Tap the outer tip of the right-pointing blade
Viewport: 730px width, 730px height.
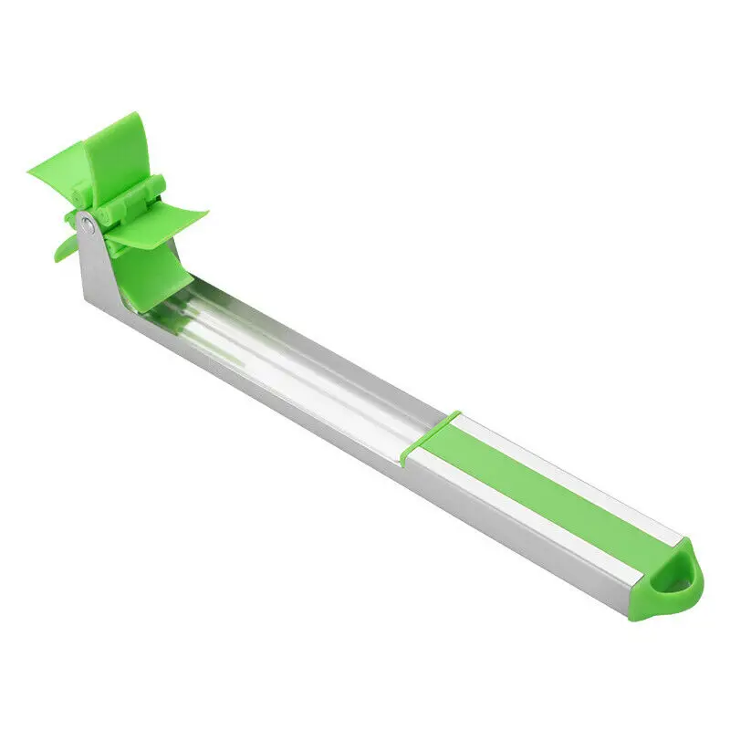click(x=204, y=215)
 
